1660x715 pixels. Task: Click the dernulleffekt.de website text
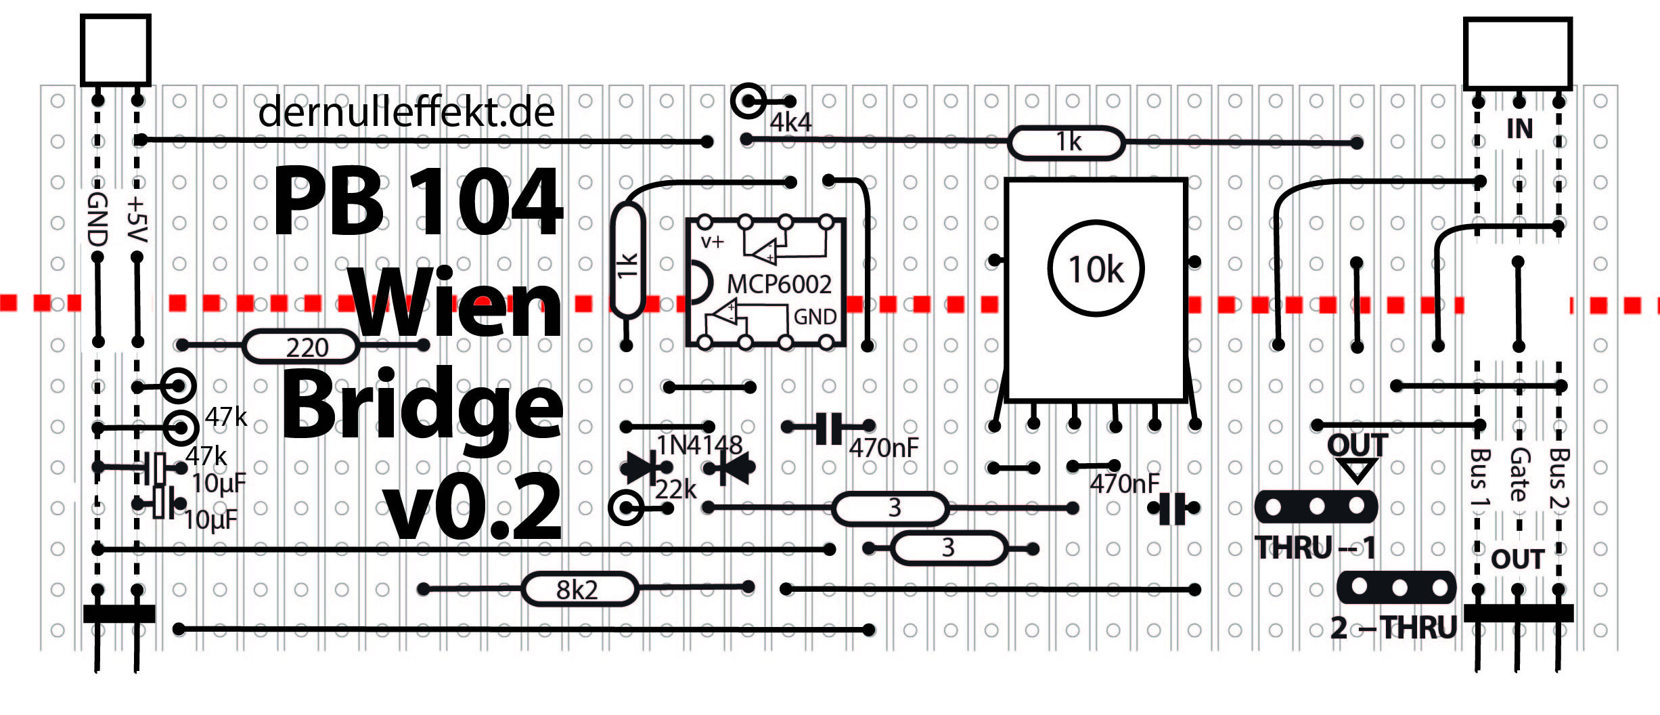click(406, 112)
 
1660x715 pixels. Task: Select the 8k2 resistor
click(579, 589)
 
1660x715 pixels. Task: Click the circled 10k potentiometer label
click(1096, 268)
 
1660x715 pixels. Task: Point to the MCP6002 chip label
click(779, 284)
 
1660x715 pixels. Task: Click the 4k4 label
click(790, 123)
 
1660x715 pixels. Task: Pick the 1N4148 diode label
click(700, 446)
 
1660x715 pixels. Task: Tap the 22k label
click(675, 489)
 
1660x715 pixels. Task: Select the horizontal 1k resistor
click(1067, 143)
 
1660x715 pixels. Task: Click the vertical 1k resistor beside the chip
click(627, 261)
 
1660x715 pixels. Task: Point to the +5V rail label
click(137, 219)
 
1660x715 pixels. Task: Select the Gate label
click(1519, 474)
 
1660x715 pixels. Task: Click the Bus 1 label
click(1479, 478)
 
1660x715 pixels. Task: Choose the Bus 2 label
click(1558, 478)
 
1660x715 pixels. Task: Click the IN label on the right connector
click(1519, 129)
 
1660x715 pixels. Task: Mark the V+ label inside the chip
click(712, 242)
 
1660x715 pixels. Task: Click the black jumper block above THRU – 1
click(1316, 507)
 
